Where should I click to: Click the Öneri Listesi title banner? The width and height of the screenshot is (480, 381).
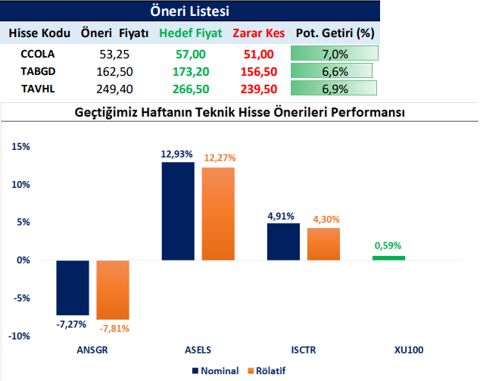coord(190,11)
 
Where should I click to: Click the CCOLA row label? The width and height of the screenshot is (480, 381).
coord(39,54)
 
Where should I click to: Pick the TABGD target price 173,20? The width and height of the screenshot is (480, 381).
coord(189,71)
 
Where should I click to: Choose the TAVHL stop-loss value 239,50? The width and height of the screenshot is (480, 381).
coord(257,89)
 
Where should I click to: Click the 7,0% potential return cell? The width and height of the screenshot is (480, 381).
coord(334,54)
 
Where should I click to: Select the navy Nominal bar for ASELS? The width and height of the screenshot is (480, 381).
coord(177,211)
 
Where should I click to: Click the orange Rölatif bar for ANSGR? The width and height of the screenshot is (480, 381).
coord(113,289)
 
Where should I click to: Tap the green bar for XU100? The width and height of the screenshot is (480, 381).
coord(388,258)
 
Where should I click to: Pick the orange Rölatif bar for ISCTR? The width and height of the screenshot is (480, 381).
coord(323,244)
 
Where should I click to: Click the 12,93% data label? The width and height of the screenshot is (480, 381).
coord(176,154)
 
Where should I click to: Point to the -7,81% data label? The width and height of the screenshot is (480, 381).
coord(113,328)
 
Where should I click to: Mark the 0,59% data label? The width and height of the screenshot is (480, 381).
coord(388,245)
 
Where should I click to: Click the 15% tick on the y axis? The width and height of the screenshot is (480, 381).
coord(20,147)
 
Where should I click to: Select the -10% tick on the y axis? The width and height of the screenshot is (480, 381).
coord(19,336)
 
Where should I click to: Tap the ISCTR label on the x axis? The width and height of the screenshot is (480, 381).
coord(304,351)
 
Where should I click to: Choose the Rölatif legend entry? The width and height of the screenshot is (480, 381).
coord(272,371)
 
